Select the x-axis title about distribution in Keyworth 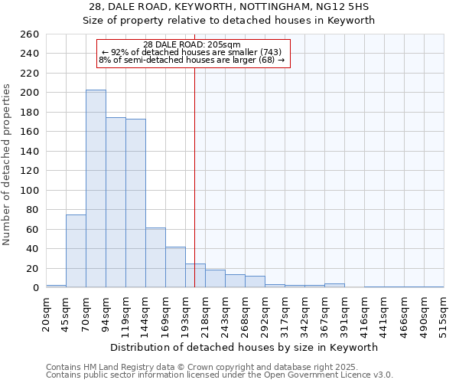click(244, 347)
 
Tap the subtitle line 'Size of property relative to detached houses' click(229, 21)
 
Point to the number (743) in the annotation click(272, 52)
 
